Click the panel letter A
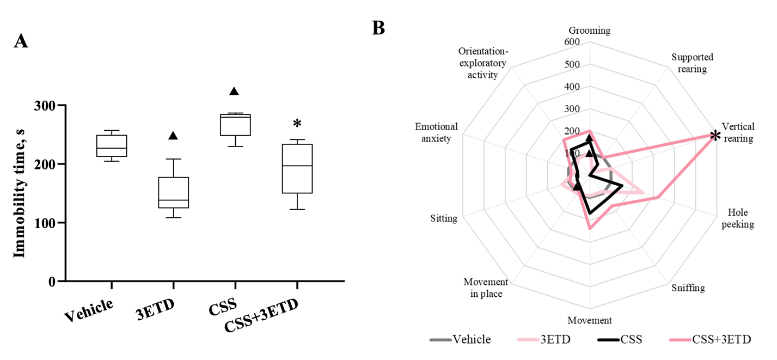point(21,41)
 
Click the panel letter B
point(378,28)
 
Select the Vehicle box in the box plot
point(112,145)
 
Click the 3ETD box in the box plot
point(173,192)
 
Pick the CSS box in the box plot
point(235,125)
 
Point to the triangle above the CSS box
point(234,91)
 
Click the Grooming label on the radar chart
point(589,30)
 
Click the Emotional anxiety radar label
point(436,132)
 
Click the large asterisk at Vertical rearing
point(716,136)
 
